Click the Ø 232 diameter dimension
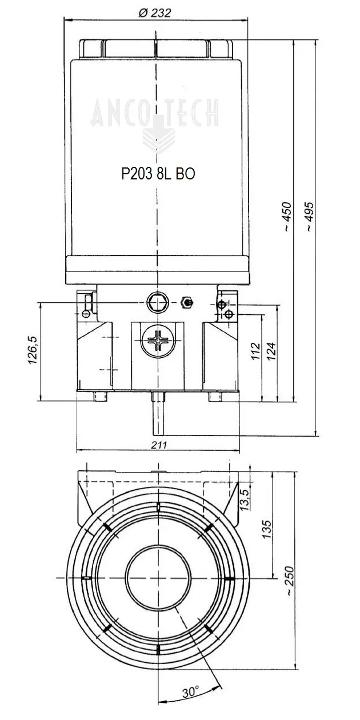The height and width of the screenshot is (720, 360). pos(155,13)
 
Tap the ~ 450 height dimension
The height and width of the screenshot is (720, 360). pos(287,217)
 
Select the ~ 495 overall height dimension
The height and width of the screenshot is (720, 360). pos(310,217)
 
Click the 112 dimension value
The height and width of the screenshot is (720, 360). pos(255,354)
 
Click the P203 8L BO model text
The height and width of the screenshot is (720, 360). pos(158,174)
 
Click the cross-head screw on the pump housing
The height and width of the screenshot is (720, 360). pos(157,342)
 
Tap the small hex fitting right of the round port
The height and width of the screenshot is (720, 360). pos(186,302)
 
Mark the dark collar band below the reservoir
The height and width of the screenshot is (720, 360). pos(158,270)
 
